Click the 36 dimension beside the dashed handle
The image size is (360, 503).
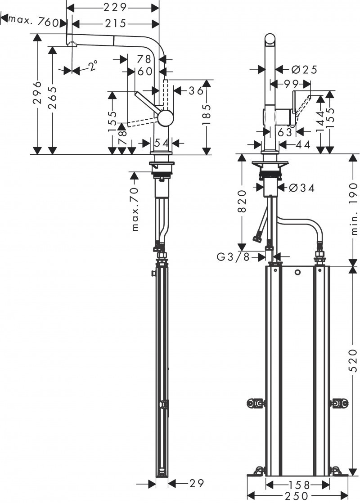click(196, 90)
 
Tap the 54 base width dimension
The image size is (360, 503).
click(162, 143)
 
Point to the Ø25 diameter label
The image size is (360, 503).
click(304, 69)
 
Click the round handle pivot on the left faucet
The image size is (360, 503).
click(165, 118)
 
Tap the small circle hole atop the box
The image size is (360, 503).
click(297, 273)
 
